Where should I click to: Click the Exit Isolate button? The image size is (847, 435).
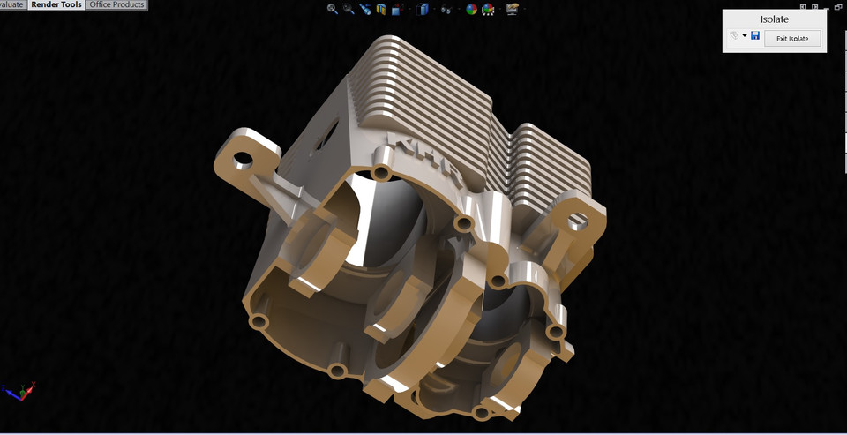click(x=792, y=38)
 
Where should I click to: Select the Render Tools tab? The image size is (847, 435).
click(x=56, y=5)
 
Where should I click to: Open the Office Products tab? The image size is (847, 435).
click(x=116, y=5)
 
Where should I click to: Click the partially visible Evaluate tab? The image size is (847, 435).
click(x=12, y=5)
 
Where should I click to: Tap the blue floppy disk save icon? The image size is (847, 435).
click(x=755, y=36)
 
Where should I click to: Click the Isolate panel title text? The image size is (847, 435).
click(x=774, y=19)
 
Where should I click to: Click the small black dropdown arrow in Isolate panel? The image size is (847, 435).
click(x=745, y=37)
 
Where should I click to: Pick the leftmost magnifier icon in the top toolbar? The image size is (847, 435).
click(x=333, y=9)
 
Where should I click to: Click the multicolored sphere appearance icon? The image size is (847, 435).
click(x=471, y=10)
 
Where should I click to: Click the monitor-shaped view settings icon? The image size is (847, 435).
click(x=513, y=10)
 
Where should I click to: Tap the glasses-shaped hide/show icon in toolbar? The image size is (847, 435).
click(x=446, y=10)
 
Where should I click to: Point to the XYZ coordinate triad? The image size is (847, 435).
click(x=19, y=390)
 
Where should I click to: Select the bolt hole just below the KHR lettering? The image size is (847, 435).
click(x=381, y=170)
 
